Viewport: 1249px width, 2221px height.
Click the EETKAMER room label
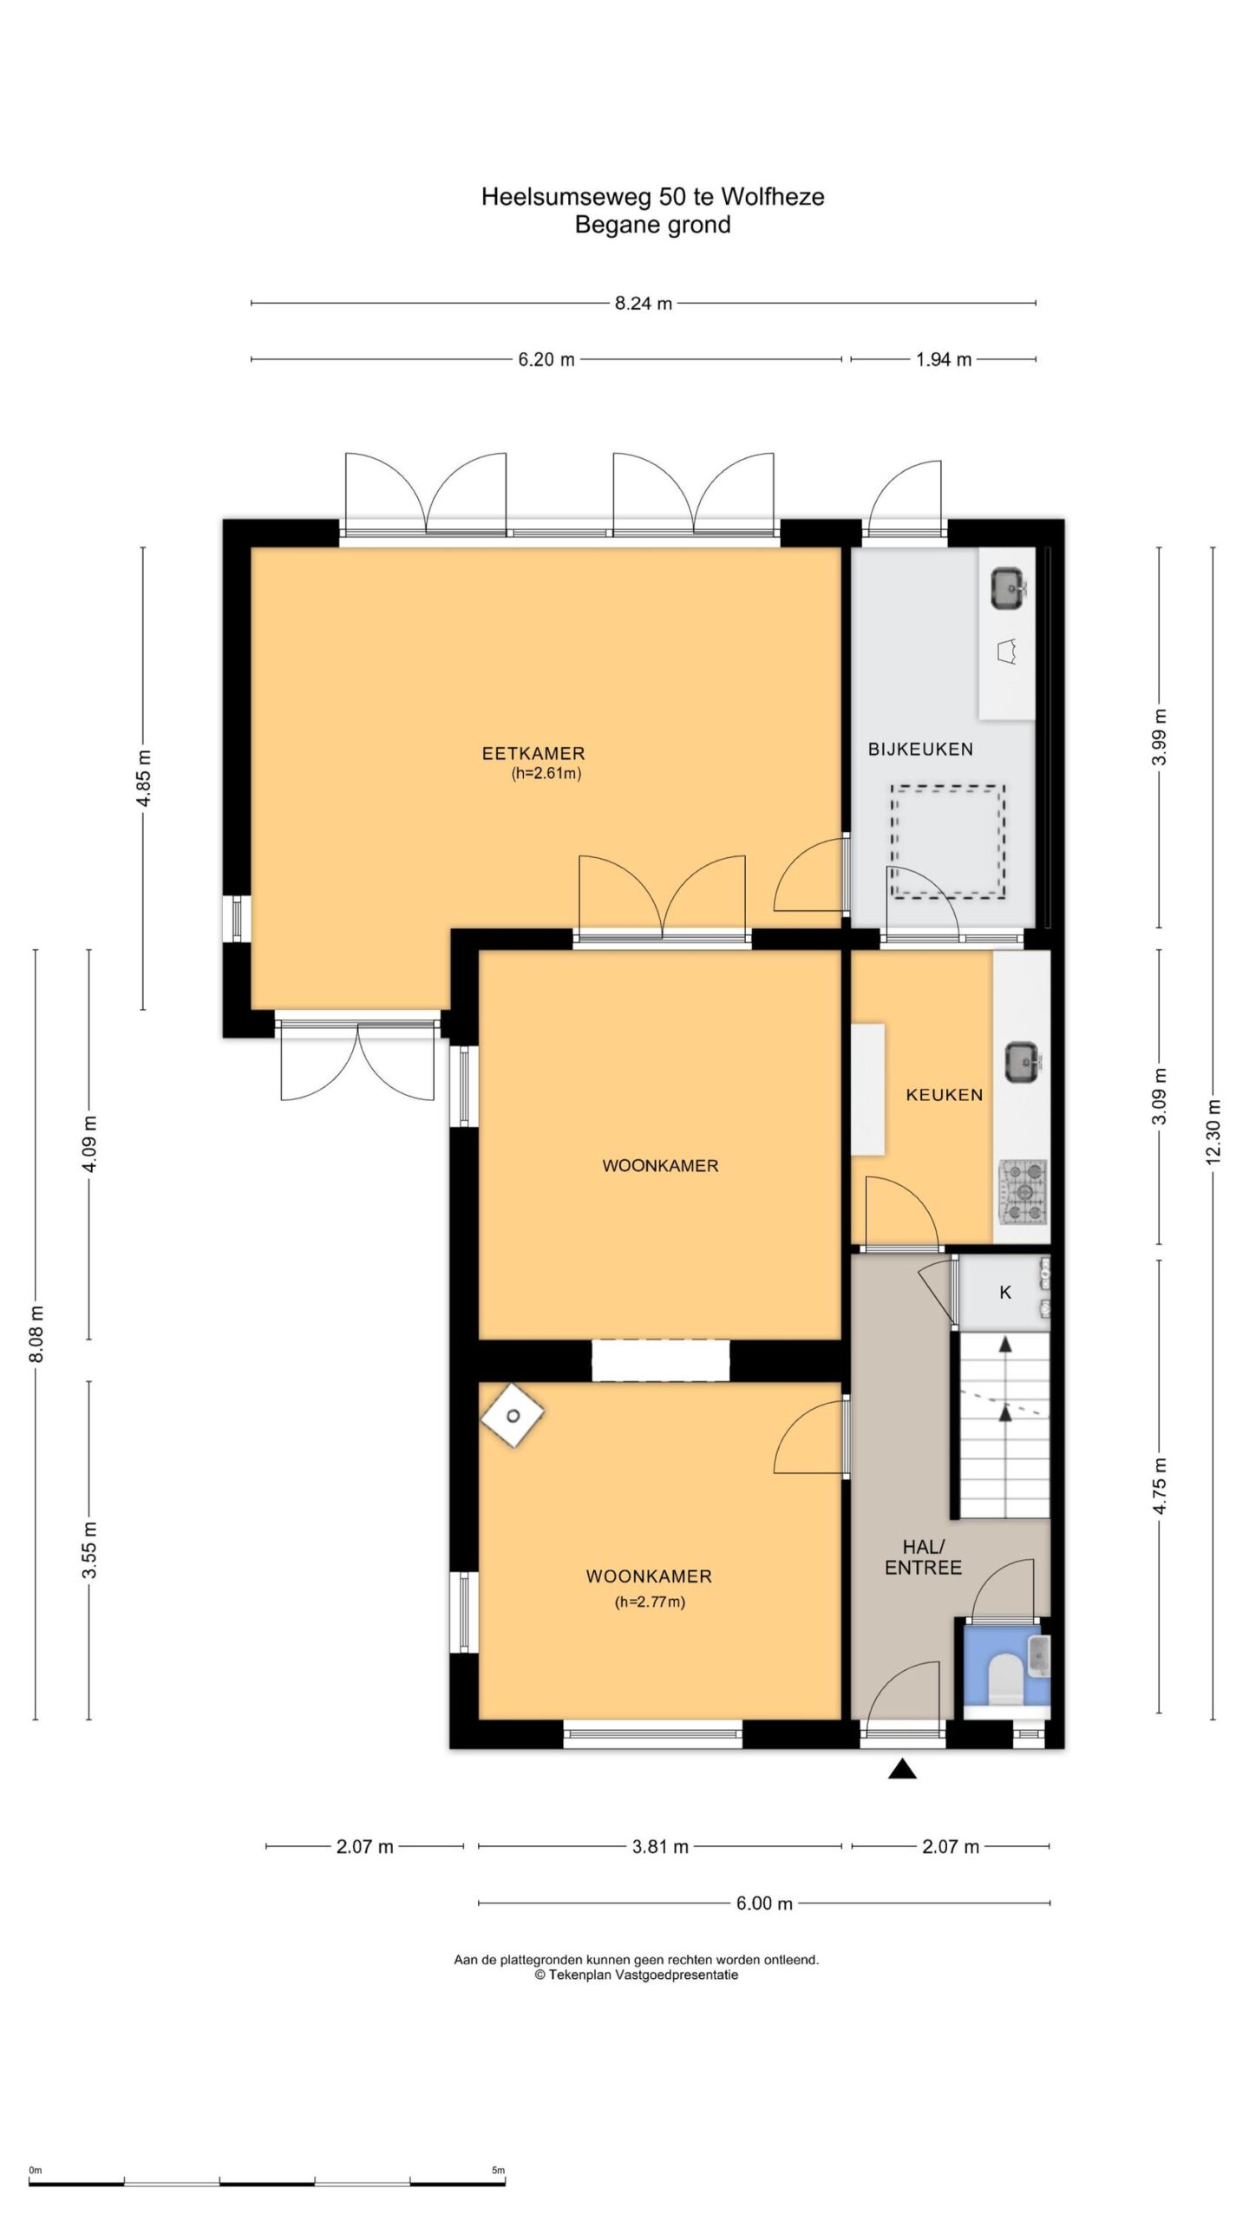[533, 753]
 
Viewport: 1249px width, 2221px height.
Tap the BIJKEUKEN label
[920, 749]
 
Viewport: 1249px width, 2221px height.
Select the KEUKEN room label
[945, 1095]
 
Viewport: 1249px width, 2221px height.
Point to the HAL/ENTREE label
[923, 1556]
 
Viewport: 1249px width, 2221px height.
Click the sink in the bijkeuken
[1009, 589]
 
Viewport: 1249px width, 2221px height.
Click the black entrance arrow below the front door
[902, 1769]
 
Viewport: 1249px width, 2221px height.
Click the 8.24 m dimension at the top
[644, 304]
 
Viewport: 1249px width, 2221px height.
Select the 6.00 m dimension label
[763, 1903]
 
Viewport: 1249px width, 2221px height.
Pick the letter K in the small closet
[1005, 1292]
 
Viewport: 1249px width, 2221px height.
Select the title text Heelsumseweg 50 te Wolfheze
[652, 197]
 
